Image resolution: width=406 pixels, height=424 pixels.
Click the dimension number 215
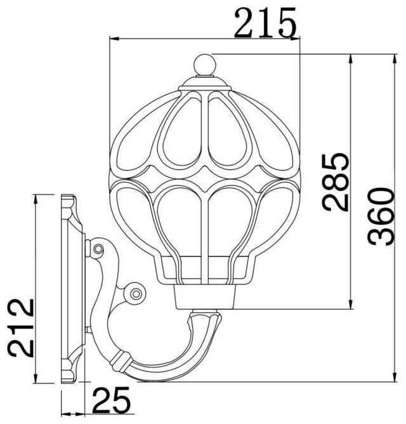265,23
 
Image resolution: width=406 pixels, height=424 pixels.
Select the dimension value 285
335,182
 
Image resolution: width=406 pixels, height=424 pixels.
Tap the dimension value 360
381,216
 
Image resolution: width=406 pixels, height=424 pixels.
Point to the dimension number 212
20,328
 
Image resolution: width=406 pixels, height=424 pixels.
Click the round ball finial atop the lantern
205,65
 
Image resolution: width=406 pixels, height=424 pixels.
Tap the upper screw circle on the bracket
98,248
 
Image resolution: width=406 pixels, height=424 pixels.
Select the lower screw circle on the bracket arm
135,293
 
